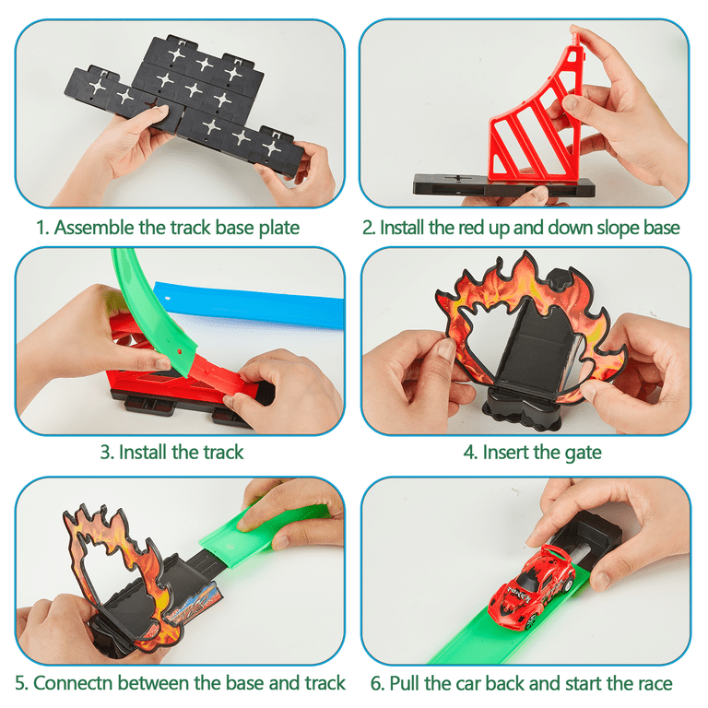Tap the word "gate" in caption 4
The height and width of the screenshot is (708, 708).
pyautogui.click(x=581, y=453)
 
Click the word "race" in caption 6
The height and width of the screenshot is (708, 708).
pyautogui.click(x=652, y=683)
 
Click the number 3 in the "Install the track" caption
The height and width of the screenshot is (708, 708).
pyautogui.click(x=105, y=453)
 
